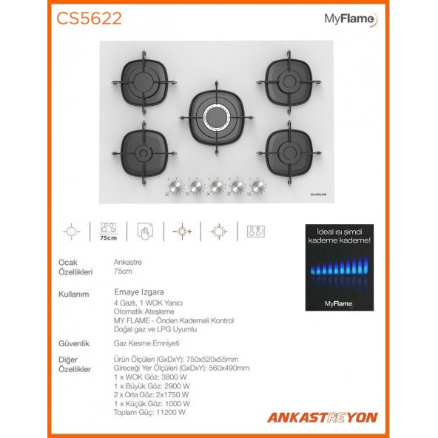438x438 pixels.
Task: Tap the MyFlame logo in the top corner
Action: coord(351,19)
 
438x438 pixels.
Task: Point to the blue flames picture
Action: coord(340,267)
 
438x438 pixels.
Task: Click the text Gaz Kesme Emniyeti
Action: coord(146,344)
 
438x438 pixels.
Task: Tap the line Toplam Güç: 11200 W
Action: coord(149,412)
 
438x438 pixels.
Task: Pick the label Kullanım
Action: coord(73,294)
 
